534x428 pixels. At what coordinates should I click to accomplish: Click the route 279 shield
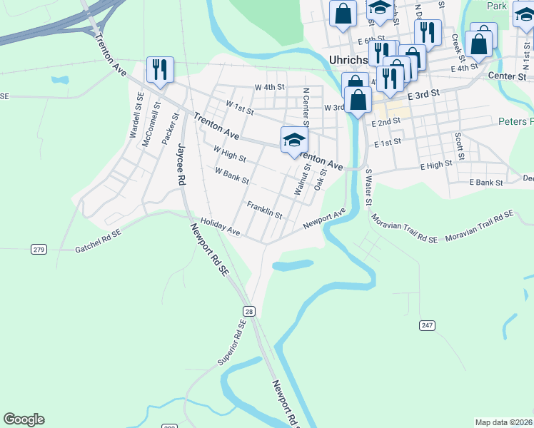(x=39, y=249)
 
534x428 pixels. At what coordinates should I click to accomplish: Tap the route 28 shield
(x=248, y=310)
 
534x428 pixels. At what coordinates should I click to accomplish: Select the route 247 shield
(x=427, y=325)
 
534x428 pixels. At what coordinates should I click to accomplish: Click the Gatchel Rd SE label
(x=98, y=249)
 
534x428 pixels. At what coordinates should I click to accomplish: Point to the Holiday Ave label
(x=220, y=227)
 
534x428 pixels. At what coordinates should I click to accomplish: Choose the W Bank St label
(x=231, y=175)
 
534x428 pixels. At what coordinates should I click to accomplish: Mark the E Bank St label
(x=486, y=183)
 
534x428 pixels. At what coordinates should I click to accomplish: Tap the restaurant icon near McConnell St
(x=158, y=69)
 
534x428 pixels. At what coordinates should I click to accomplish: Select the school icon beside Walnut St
(x=293, y=138)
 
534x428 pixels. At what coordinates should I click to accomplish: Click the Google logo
(x=24, y=419)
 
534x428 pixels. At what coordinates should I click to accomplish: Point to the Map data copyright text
(x=504, y=422)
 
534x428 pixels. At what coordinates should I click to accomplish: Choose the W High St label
(x=229, y=153)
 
